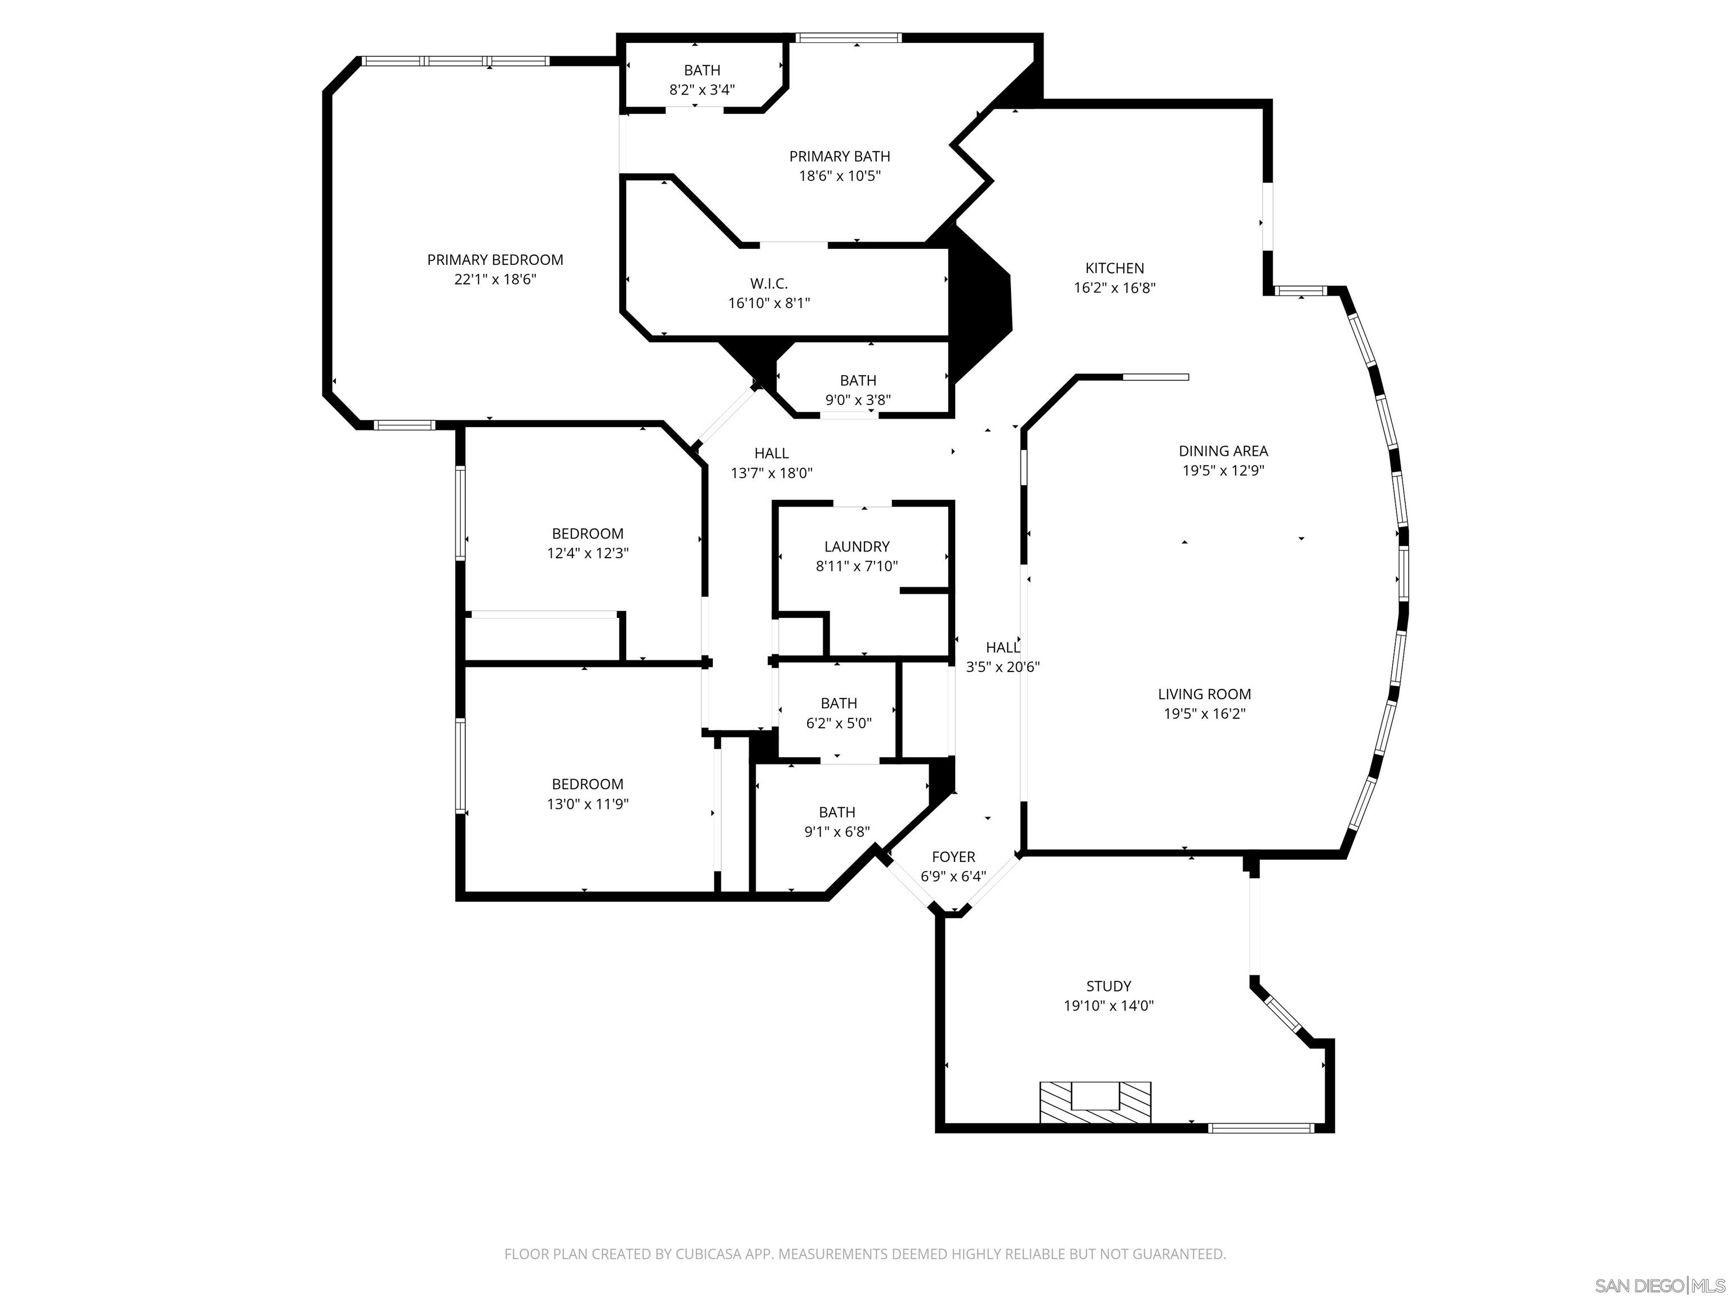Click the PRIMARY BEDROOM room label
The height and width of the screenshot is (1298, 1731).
point(495,260)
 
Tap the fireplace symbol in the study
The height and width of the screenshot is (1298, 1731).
point(1095,1103)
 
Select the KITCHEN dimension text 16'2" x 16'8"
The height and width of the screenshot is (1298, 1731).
point(1115,288)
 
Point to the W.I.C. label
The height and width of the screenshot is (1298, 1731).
point(769,283)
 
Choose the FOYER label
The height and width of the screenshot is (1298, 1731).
point(953,857)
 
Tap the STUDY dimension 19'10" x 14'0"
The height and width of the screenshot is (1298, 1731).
point(1108,1006)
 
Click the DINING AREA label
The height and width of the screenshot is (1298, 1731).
point(1223,451)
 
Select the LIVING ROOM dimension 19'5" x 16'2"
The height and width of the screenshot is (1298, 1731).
point(1204,714)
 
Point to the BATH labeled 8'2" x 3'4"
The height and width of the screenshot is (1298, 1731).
point(702,70)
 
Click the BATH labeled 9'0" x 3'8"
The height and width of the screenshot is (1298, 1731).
point(858,381)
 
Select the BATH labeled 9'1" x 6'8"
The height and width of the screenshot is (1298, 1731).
point(837,812)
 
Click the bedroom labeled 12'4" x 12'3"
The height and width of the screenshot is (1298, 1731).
point(588,534)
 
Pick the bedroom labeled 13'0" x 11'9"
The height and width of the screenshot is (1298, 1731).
point(588,784)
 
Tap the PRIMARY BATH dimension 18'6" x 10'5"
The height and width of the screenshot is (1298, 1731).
point(839,176)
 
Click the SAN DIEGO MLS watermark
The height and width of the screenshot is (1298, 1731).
point(1659,1286)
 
